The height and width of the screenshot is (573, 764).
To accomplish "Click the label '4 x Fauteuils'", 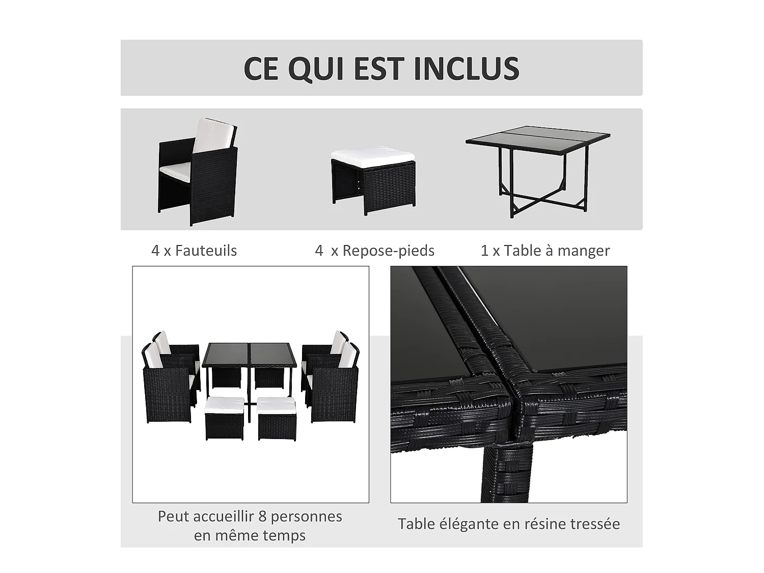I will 194,251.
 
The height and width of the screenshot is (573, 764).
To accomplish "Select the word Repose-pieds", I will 388,251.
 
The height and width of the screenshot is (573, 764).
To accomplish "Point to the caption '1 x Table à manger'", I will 545,251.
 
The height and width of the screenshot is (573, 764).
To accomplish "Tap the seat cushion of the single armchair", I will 174,169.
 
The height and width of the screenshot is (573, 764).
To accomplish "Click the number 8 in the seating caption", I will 262,516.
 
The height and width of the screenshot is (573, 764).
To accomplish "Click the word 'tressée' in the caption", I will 595,524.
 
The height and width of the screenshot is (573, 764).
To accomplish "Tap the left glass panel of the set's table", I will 226,354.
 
